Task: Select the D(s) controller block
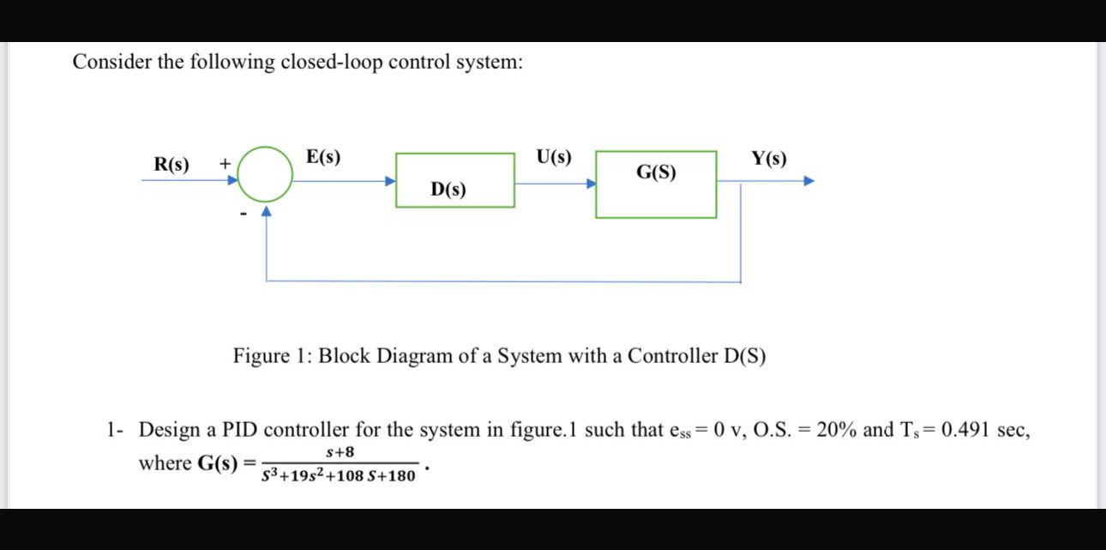click(454, 180)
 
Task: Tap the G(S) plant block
click(656, 184)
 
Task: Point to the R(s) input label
click(171, 164)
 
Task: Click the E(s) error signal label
click(322, 157)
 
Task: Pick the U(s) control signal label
click(553, 157)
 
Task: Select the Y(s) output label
click(768, 159)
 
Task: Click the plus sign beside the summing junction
click(225, 162)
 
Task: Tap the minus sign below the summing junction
click(243, 213)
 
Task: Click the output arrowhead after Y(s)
click(808, 181)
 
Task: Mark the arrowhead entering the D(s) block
click(389, 181)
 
